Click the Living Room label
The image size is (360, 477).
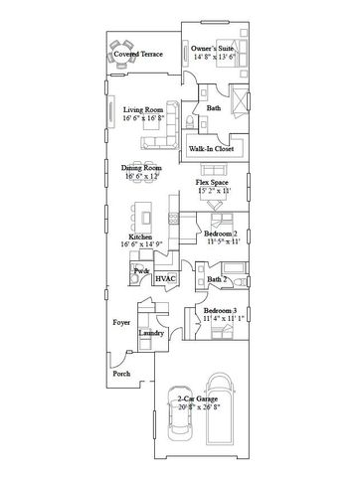(143, 110)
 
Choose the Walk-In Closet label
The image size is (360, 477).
(212, 148)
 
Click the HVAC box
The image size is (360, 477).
(165, 279)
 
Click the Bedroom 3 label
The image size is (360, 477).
(220, 311)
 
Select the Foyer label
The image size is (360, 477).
(121, 322)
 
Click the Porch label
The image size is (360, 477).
(120, 375)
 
